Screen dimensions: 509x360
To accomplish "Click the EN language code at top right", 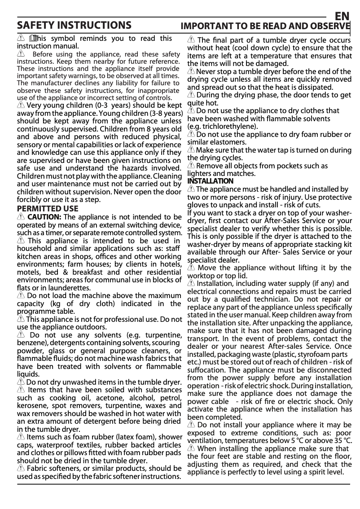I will (x=342, y=16).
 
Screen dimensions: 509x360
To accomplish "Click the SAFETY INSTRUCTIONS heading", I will (x=74, y=25).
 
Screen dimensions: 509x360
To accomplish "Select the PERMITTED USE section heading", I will (x=47, y=209).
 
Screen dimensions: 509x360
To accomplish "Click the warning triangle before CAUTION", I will (x=21, y=217).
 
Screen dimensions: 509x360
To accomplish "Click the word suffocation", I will (x=206, y=370).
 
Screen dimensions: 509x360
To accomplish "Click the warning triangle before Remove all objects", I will (x=191, y=166).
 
